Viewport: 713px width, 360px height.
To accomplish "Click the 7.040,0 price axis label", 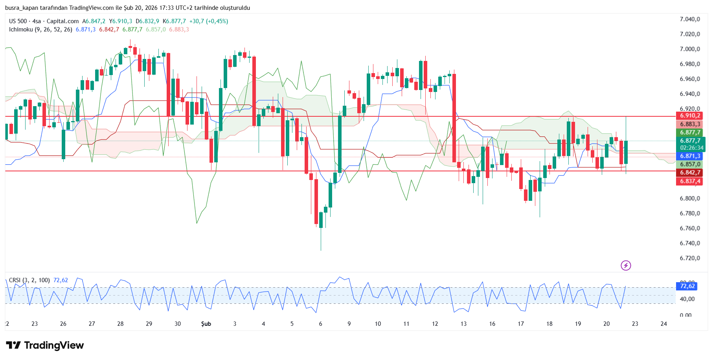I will point(690,19).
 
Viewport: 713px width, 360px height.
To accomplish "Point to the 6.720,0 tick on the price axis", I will point(690,258).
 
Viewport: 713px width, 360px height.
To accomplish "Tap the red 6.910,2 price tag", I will point(690,116).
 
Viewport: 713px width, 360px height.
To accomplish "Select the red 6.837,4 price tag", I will point(690,181).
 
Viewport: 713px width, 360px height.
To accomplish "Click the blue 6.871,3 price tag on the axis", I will point(690,156).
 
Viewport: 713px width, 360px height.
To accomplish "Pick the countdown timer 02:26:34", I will point(691,148).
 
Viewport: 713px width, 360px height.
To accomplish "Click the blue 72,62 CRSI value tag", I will point(687,286).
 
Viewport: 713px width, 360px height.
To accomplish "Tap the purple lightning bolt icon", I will point(626,266).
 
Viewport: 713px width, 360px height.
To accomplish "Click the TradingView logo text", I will point(54,345).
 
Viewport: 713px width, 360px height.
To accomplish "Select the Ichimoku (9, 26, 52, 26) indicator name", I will point(40,29).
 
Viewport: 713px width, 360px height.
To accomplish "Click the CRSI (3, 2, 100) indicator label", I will point(29,280).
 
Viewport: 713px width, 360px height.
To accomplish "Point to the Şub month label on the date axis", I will point(206,324).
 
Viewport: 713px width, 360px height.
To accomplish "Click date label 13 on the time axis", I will point(463,324).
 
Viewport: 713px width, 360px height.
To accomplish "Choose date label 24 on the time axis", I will point(663,324).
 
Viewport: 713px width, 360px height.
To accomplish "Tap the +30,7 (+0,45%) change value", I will point(209,21).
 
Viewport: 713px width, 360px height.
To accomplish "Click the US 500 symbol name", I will point(18,21).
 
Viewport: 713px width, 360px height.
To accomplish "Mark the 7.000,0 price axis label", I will point(690,49).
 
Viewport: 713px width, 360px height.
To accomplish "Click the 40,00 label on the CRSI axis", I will point(687,299).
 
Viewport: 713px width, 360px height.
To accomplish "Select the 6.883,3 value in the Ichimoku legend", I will point(179,29).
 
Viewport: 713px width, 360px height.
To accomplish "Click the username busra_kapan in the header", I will point(22,8).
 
